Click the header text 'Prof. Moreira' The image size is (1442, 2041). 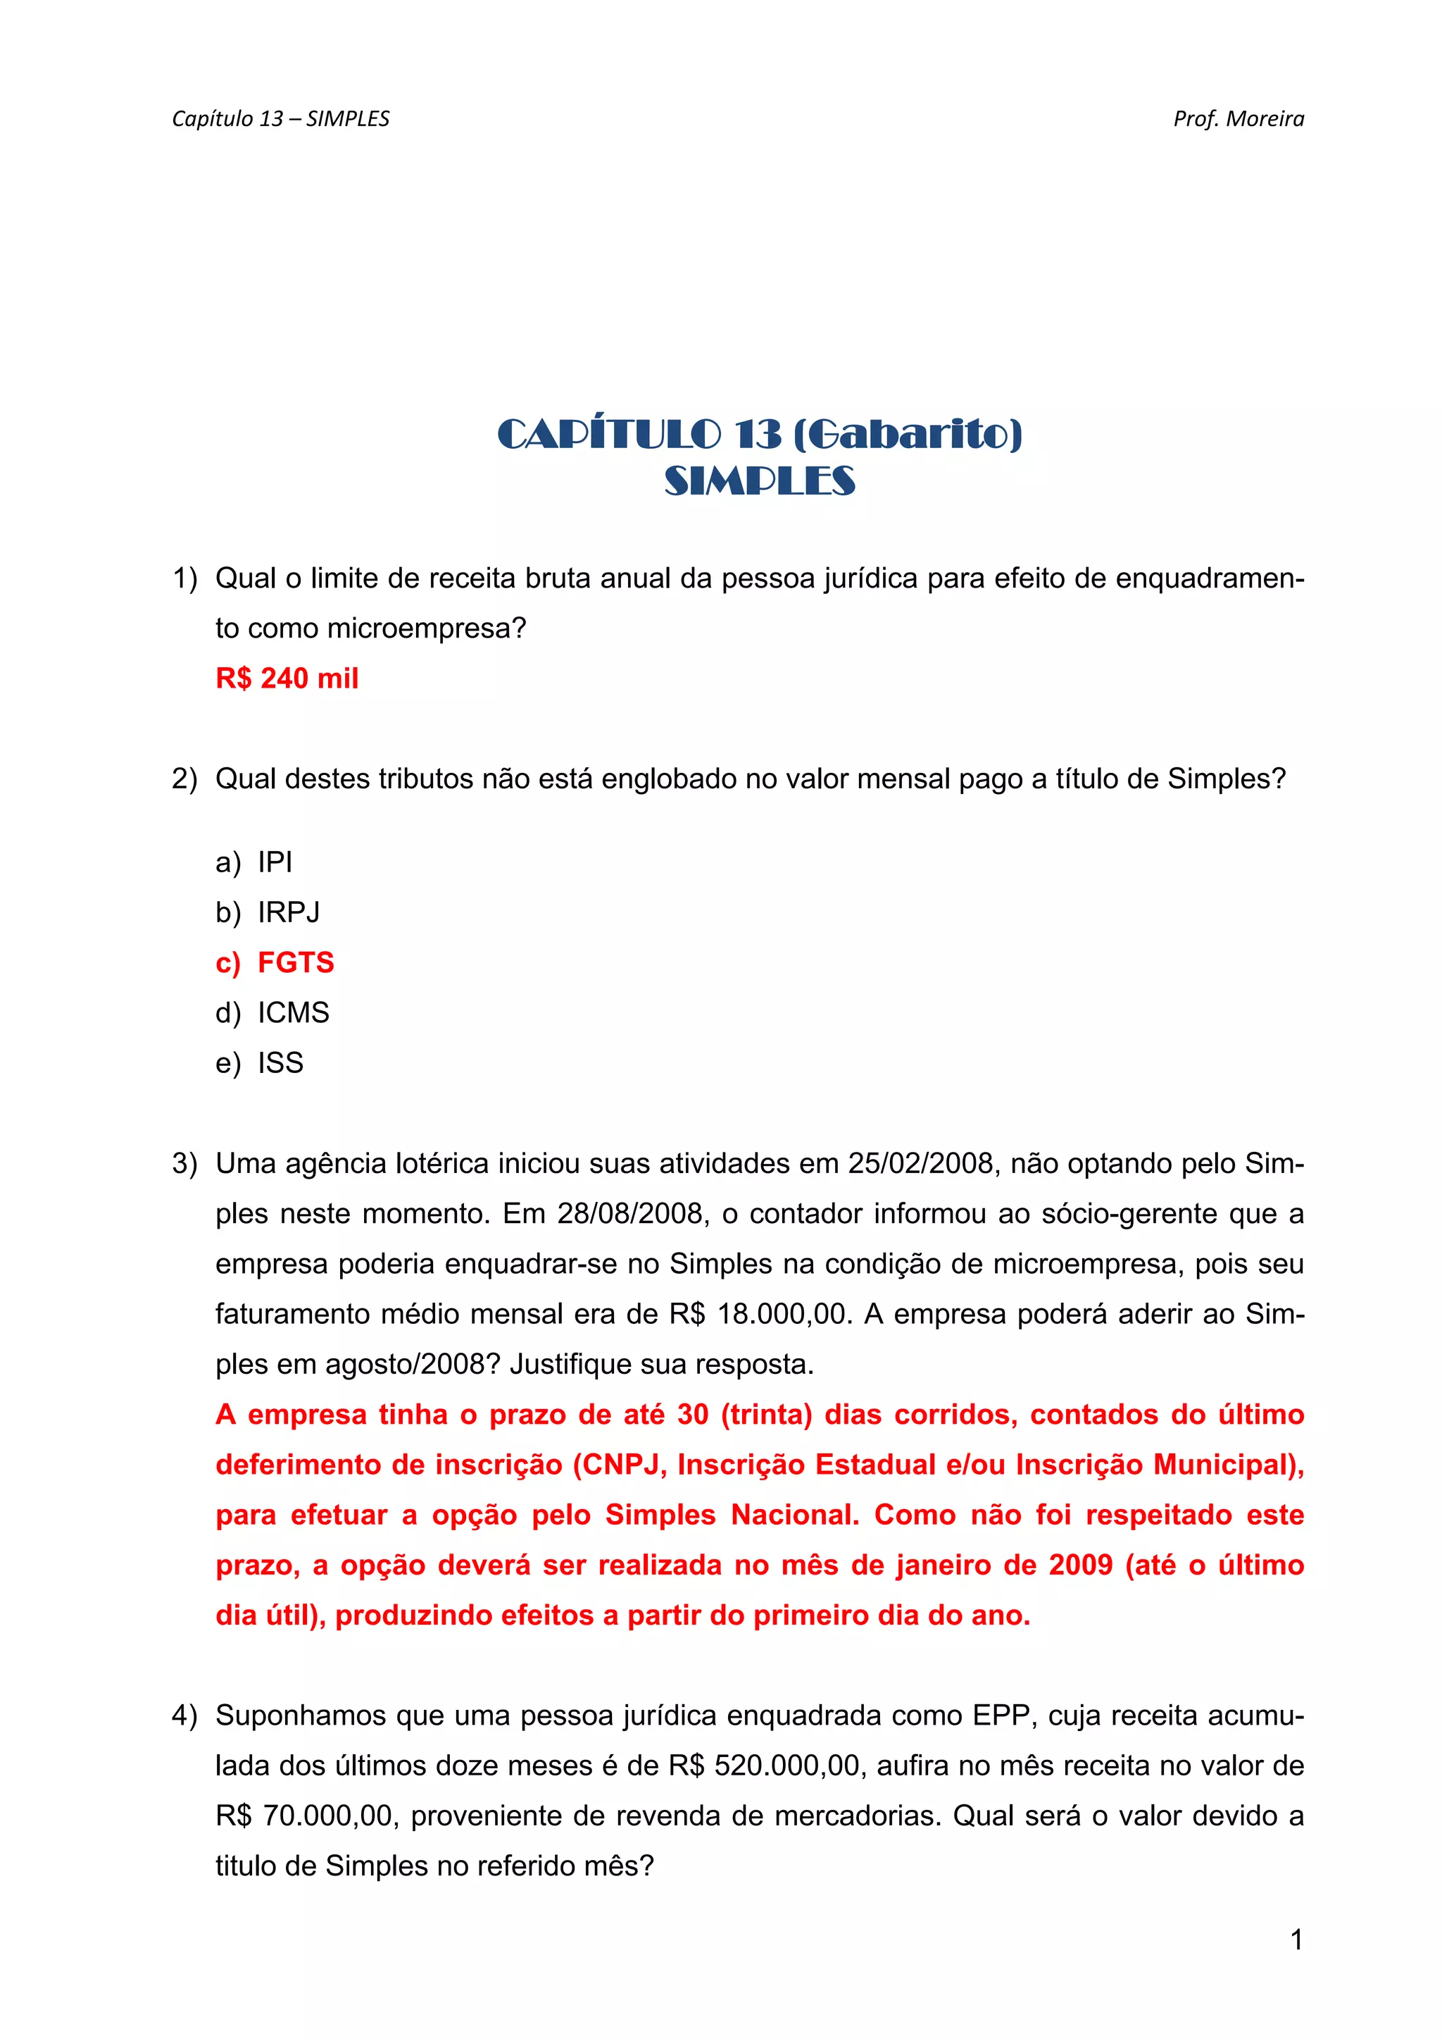tap(1238, 119)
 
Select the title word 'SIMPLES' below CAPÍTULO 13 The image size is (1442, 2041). tap(760, 481)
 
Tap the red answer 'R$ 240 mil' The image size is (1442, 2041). tap(287, 678)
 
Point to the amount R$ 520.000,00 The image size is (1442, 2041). tap(766, 1766)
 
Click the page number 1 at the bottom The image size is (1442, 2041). tap(1296, 1940)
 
